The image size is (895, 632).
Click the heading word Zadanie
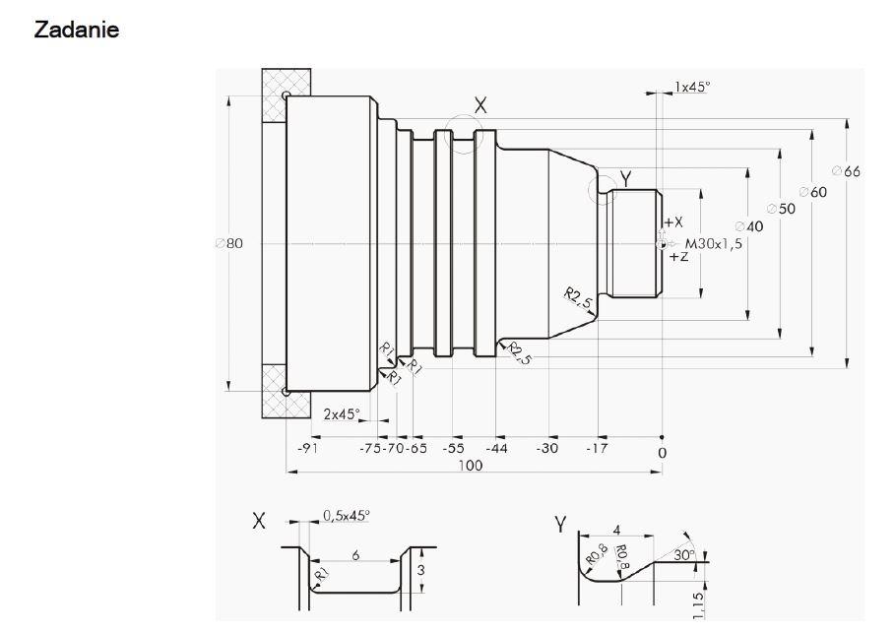pos(77,30)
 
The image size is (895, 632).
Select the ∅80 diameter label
pos(228,243)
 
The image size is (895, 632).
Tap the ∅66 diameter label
pos(845,171)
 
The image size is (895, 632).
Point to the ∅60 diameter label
pos(812,192)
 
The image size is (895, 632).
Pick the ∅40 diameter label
pos(749,226)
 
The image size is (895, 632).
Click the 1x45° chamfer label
pos(692,87)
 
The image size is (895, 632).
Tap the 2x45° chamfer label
pos(342,414)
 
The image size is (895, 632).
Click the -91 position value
pos(307,449)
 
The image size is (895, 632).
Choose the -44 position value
pos(496,449)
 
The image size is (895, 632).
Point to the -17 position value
pos(598,449)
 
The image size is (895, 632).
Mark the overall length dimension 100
pos(471,466)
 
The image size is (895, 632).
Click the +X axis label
pos(672,222)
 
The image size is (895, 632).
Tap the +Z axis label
pos(678,257)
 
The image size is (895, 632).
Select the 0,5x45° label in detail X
pos(347,515)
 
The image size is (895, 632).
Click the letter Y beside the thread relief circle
pos(625,177)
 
